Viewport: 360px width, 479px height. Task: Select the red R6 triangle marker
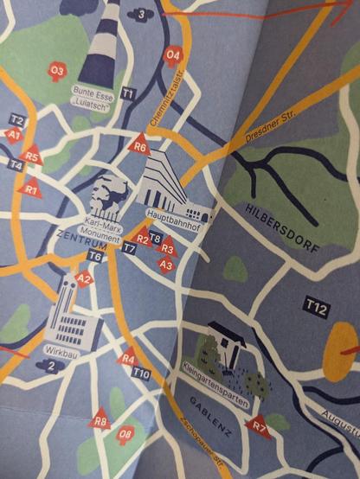(x=140, y=146)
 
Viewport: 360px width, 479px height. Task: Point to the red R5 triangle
(x=32, y=156)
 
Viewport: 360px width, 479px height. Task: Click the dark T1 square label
(x=128, y=93)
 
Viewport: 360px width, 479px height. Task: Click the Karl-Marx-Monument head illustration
(x=107, y=192)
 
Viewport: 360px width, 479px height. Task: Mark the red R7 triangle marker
(x=257, y=425)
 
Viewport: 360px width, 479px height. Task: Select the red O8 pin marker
(x=126, y=432)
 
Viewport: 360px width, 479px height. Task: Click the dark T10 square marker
(x=142, y=373)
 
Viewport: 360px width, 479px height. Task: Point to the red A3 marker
(x=167, y=265)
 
